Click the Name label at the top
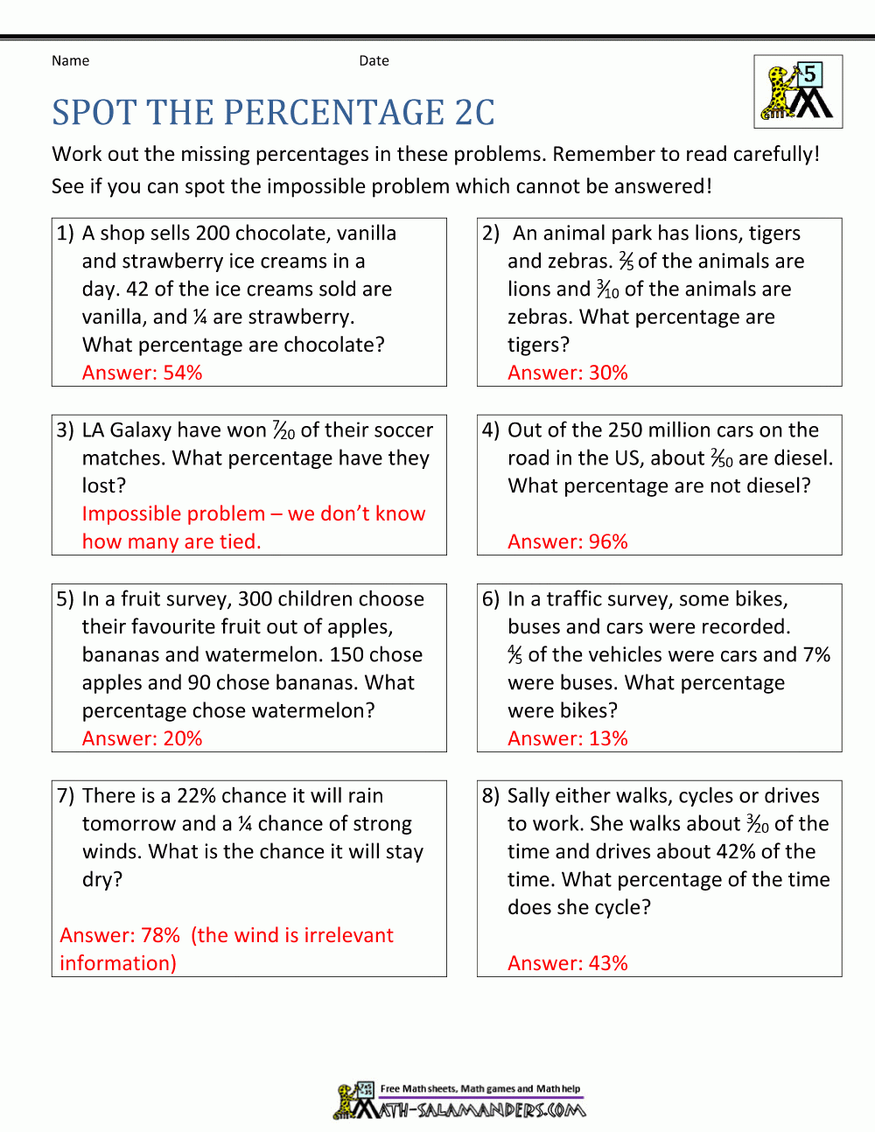[70, 60]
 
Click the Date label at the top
[374, 60]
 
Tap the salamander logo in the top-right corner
[797, 92]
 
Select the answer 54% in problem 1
[182, 373]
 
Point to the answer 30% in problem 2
[608, 373]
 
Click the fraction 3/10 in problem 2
[608, 290]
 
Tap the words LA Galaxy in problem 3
[127, 430]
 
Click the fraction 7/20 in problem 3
[284, 430]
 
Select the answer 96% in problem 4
[608, 542]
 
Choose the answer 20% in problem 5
[182, 738]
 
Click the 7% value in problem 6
[816, 655]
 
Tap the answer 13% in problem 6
[608, 738]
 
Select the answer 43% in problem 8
[608, 963]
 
